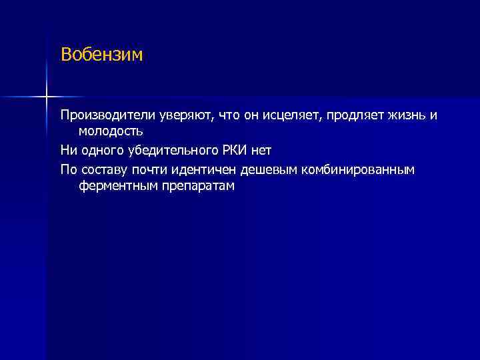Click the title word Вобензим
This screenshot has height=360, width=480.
[x=101, y=54]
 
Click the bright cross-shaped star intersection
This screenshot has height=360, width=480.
[x=47, y=97]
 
